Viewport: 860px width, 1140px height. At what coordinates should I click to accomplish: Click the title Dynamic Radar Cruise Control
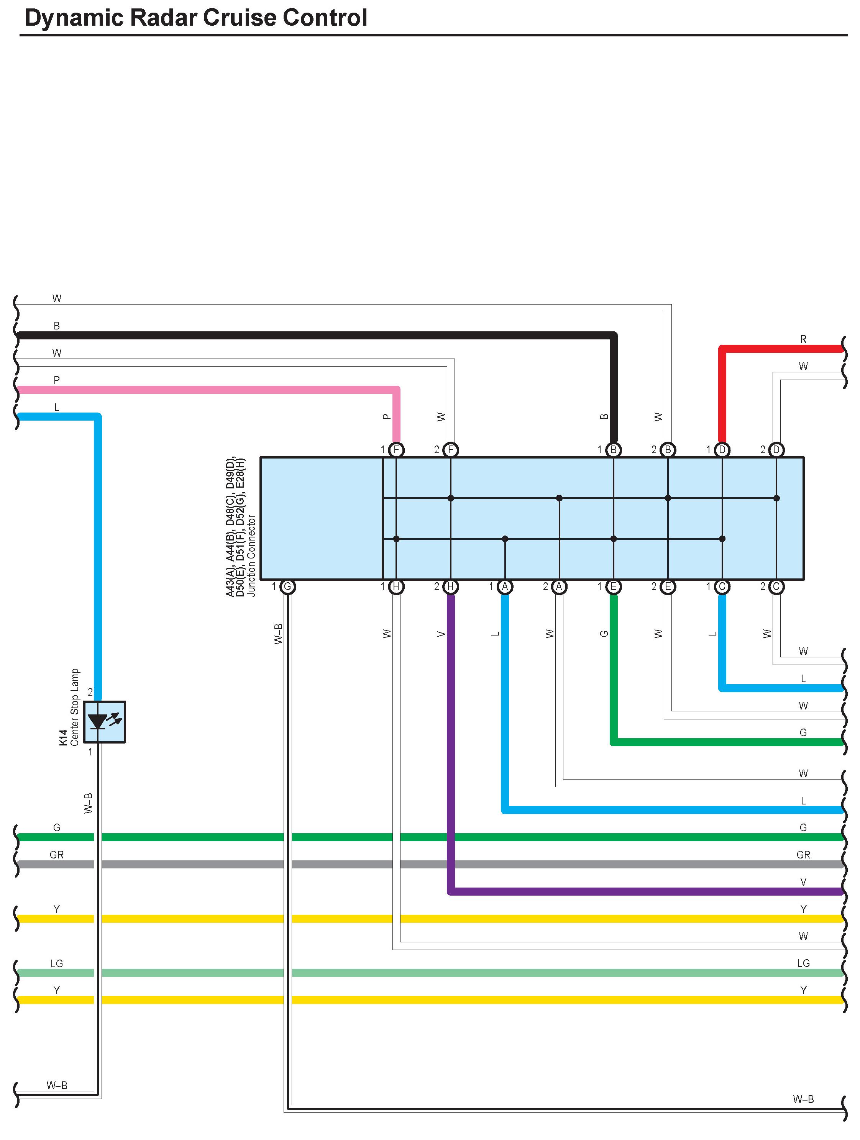tap(195, 18)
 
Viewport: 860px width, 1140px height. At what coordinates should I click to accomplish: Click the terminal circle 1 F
tap(396, 450)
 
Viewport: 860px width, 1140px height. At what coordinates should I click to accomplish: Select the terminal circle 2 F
tap(451, 450)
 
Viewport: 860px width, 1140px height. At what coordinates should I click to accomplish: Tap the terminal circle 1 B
tap(614, 450)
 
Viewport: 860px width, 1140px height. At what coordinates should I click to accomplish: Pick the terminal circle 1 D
tap(722, 450)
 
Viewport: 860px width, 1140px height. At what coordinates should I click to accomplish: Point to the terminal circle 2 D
tap(776, 450)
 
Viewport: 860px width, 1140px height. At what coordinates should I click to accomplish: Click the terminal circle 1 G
tap(288, 586)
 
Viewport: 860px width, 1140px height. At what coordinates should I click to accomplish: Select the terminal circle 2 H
tap(451, 586)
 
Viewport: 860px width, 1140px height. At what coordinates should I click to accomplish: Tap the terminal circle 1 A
tap(505, 586)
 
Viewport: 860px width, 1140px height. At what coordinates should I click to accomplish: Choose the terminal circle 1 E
tap(614, 586)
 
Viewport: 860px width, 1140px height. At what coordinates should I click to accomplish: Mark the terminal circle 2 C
tap(776, 586)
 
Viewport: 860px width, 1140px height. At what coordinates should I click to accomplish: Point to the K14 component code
tap(63, 737)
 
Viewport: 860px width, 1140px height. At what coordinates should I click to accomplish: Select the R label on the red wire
tap(803, 339)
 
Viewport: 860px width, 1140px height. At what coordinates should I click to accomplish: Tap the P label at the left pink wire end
tap(57, 380)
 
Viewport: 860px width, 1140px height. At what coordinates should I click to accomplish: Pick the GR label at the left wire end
tap(57, 855)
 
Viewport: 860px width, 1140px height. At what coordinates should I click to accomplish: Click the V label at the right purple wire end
tap(803, 882)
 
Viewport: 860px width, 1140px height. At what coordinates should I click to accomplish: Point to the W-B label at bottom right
tap(803, 1099)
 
